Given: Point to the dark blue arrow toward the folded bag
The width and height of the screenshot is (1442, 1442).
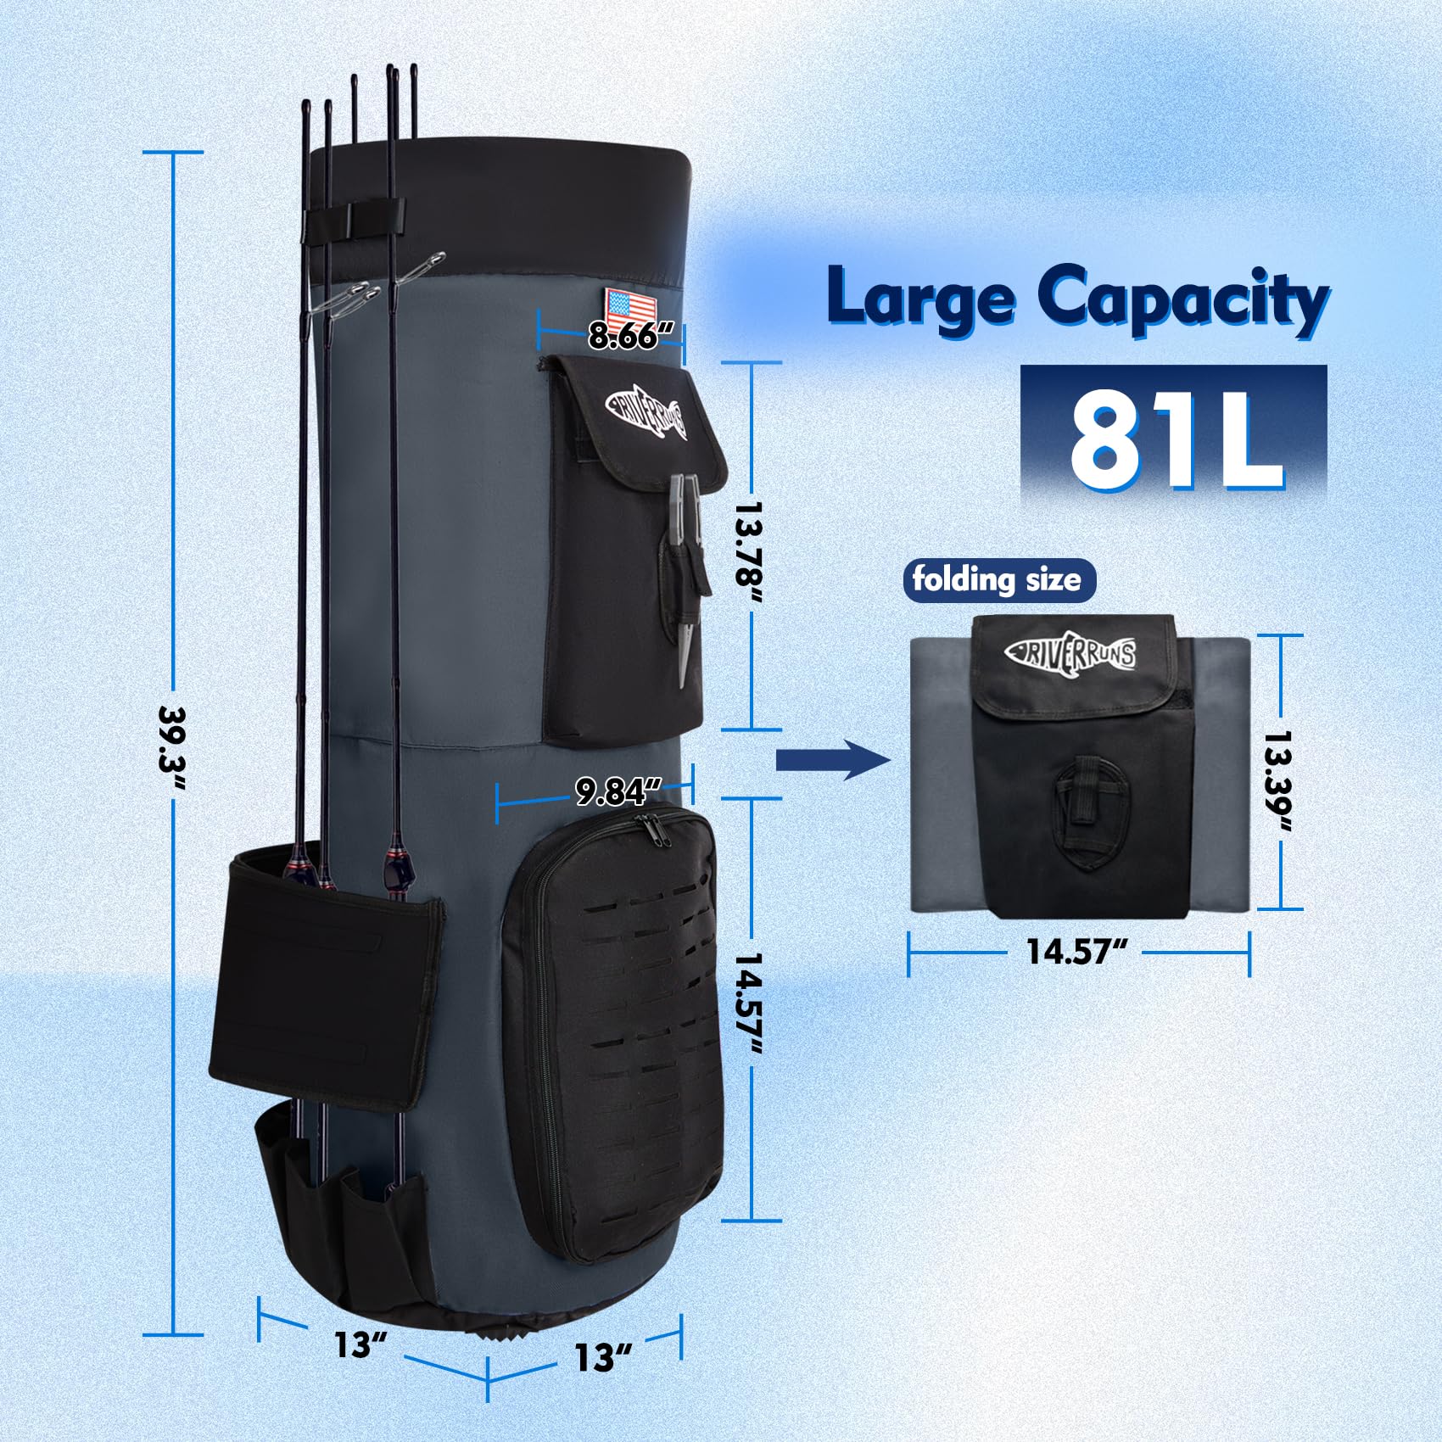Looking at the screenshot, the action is pyautogui.click(x=836, y=762).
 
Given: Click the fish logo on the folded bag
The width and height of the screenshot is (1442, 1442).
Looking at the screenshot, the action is pyautogui.click(x=1070, y=652).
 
